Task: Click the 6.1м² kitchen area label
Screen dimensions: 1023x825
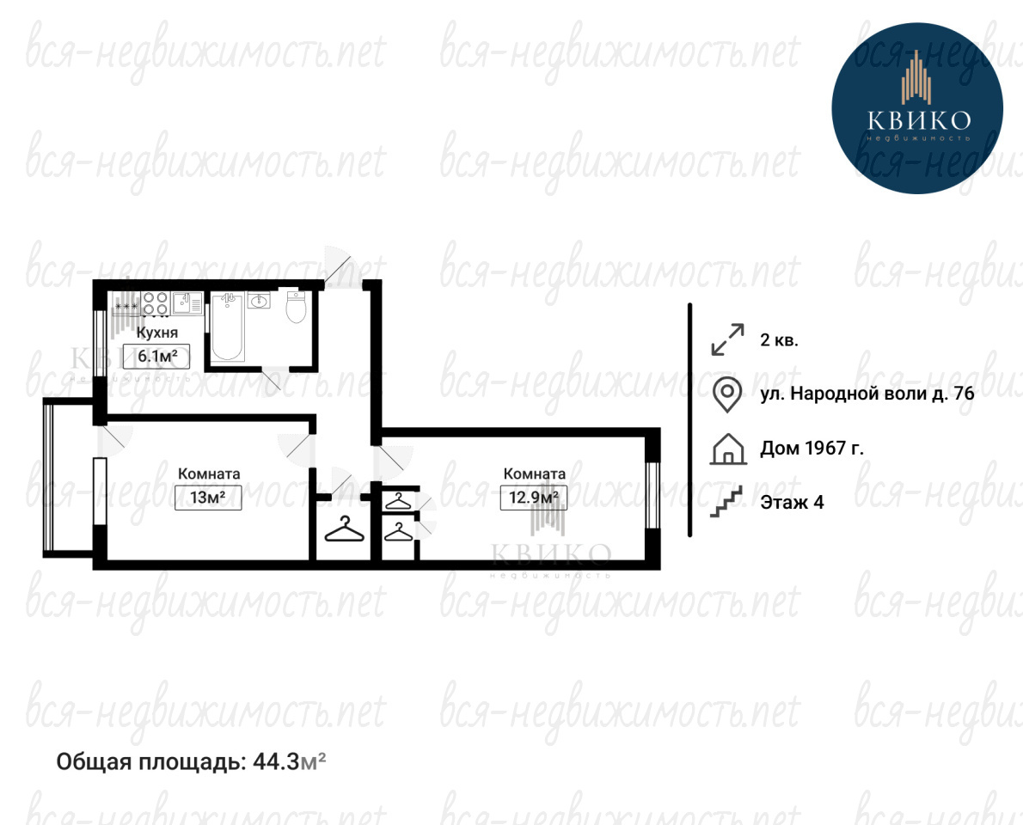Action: pyautogui.click(x=156, y=356)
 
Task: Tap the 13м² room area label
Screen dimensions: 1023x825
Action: pyautogui.click(x=208, y=498)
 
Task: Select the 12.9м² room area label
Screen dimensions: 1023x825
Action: pyautogui.click(x=534, y=498)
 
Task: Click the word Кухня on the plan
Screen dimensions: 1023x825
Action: pyautogui.click(x=156, y=333)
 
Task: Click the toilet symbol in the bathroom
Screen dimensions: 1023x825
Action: pyautogui.click(x=297, y=307)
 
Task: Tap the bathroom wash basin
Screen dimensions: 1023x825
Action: pyautogui.click(x=259, y=301)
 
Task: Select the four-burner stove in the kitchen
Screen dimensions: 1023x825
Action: pyautogui.click(x=156, y=302)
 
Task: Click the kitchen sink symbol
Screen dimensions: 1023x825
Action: pyautogui.click(x=187, y=302)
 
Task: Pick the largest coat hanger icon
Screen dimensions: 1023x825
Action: pyautogui.click(x=344, y=529)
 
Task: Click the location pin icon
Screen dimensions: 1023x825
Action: pyautogui.click(x=726, y=394)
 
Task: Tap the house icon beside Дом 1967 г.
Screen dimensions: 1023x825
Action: pyautogui.click(x=727, y=449)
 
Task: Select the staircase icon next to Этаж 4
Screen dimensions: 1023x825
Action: pyautogui.click(x=726, y=502)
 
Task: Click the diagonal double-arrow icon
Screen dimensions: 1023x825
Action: pyautogui.click(x=727, y=339)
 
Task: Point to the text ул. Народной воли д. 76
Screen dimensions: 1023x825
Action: pyautogui.click(x=867, y=394)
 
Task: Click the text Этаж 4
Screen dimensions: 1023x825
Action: pyautogui.click(x=792, y=502)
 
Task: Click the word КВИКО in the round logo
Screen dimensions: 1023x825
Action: pyautogui.click(x=919, y=120)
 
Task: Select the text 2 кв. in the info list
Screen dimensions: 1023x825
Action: pyautogui.click(x=779, y=339)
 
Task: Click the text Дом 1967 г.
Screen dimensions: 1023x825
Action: pyautogui.click(x=812, y=448)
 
